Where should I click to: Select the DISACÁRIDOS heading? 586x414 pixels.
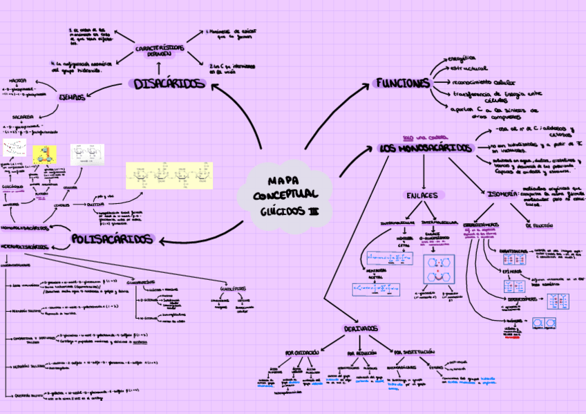click(169, 84)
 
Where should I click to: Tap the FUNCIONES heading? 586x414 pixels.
click(403, 83)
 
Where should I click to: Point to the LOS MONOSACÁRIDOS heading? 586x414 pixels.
click(426, 149)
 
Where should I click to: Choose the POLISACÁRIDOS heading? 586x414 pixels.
click(111, 239)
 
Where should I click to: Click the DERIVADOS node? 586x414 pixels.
click(359, 328)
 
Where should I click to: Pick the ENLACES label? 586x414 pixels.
click(422, 196)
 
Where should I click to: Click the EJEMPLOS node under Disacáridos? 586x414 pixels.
click(71, 97)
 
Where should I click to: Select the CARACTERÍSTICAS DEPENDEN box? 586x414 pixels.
click(160, 52)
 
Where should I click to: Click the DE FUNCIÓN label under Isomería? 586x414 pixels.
click(539, 225)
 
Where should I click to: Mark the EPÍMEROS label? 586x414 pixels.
click(512, 271)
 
